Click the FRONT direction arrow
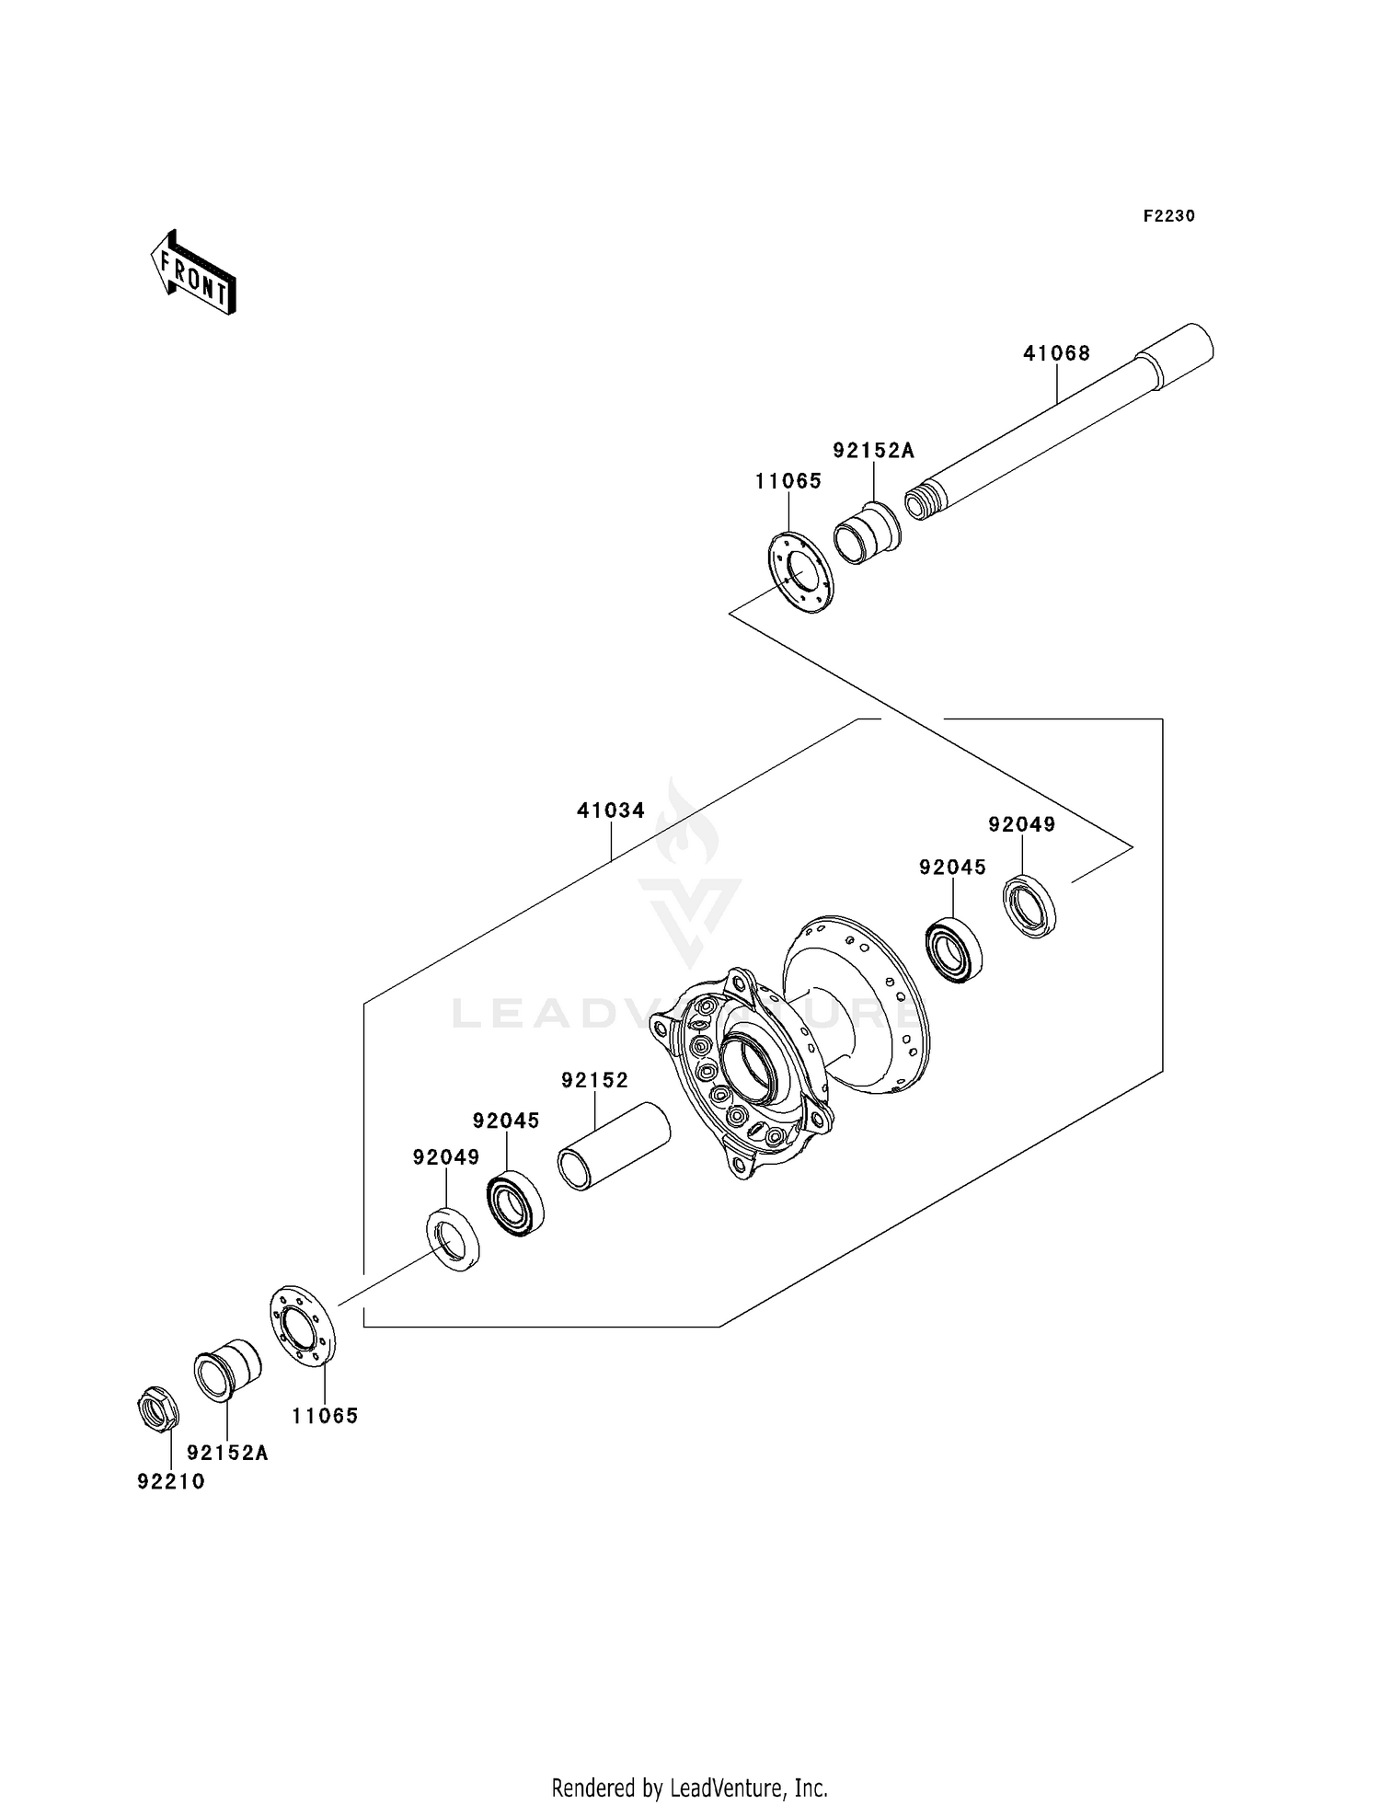[194, 274]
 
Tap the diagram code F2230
[1168, 216]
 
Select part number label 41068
[1056, 353]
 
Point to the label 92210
[171, 1482]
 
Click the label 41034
[611, 811]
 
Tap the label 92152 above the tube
[594, 1080]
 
